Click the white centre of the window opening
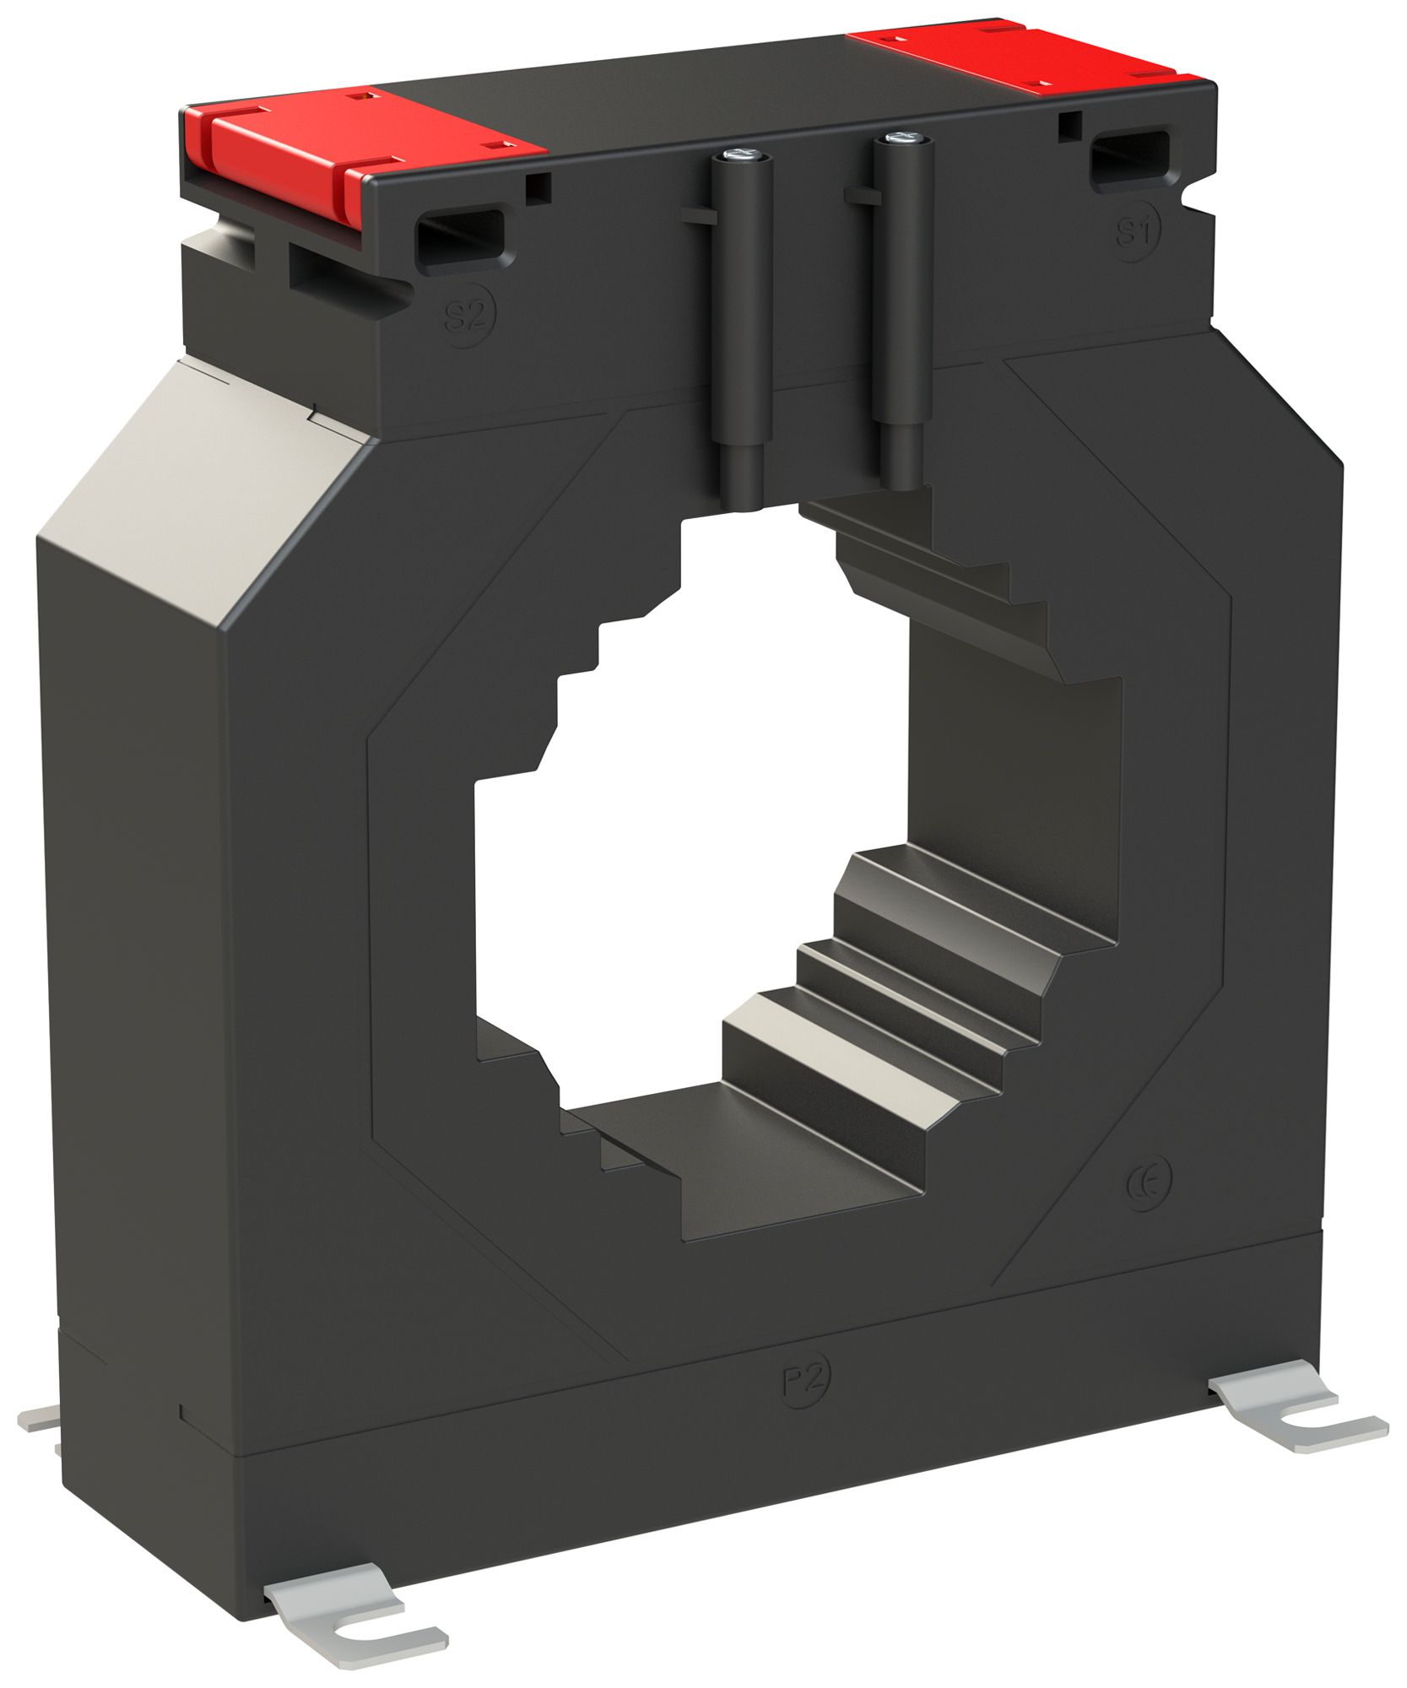pyautogui.click(x=701, y=844)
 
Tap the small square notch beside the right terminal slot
pyautogui.click(x=1069, y=124)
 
